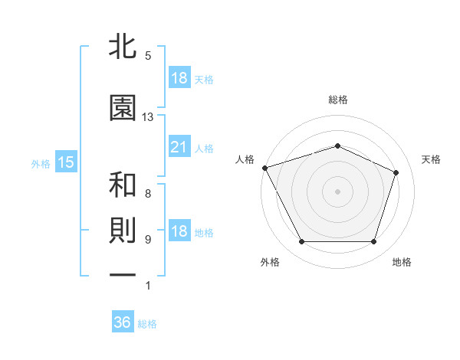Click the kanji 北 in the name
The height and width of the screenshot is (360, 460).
point(123,48)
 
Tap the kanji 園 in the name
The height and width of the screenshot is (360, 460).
point(123,109)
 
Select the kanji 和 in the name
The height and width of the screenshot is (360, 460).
point(123,185)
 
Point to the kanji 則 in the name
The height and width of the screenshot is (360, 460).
point(123,232)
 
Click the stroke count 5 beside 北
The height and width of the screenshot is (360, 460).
point(148,56)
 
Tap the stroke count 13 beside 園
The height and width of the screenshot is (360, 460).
point(148,117)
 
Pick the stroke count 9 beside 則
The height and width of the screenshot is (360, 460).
point(148,240)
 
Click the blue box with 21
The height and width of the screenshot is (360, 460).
point(179,148)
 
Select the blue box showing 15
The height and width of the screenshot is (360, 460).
point(65,162)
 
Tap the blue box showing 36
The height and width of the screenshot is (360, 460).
point(123,323)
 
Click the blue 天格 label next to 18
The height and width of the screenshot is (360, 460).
point(204,80)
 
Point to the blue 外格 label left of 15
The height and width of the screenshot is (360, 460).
point(41,163)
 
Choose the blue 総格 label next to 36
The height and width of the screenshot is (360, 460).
point(147,324)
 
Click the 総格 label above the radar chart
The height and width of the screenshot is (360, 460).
point(338,100)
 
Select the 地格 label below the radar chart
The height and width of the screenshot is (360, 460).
point(402,262)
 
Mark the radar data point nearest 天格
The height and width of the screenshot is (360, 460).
point(396,172)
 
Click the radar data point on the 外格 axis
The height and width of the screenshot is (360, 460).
point(301,242)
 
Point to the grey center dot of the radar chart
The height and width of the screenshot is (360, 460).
point(338,191)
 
